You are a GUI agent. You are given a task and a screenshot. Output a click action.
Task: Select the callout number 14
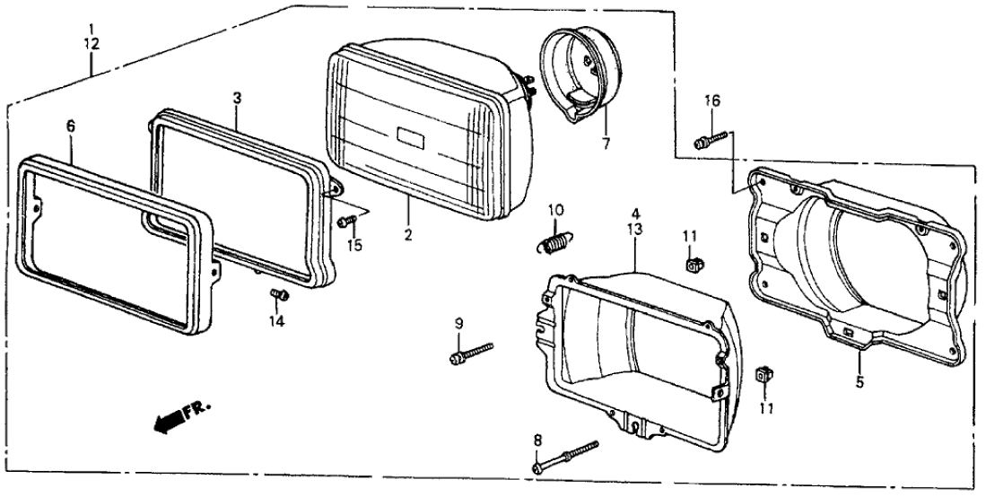[277, 320]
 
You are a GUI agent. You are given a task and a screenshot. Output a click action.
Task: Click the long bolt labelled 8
[565, 454]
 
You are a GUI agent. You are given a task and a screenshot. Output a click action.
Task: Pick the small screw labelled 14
[277, 293]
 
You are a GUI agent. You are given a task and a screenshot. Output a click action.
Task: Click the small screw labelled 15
[346, 220]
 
